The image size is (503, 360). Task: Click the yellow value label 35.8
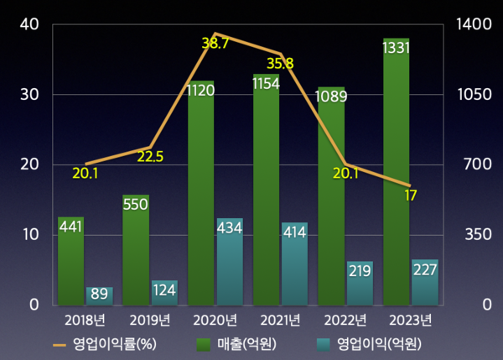point(281,64)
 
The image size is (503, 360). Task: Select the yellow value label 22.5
point(150,156)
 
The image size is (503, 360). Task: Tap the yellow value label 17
point(410,196)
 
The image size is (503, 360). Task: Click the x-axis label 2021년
point(281,320)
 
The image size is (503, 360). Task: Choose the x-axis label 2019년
point(151,320)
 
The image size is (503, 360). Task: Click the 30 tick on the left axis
point(29,95)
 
